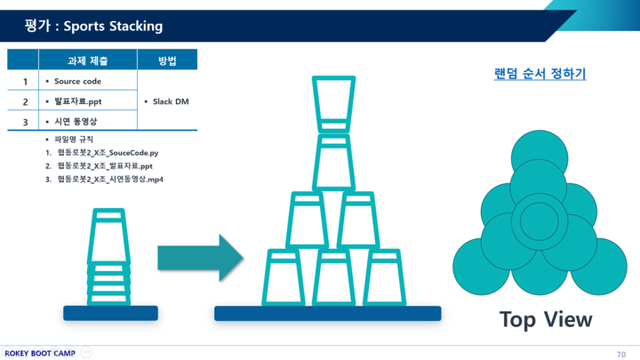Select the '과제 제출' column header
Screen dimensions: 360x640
coord(87,60)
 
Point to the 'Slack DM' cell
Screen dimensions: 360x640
coord(169,101)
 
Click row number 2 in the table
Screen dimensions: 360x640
coord(25,101)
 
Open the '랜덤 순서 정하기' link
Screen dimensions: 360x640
coord(540,74)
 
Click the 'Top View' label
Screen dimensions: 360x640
coord(545,319)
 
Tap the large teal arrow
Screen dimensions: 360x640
coord(200,258)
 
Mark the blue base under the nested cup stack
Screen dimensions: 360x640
coord(110,313)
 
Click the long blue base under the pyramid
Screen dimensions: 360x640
coord(327,314)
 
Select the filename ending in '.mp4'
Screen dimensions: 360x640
coord(110,179)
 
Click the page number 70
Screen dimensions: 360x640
coord(620,354)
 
